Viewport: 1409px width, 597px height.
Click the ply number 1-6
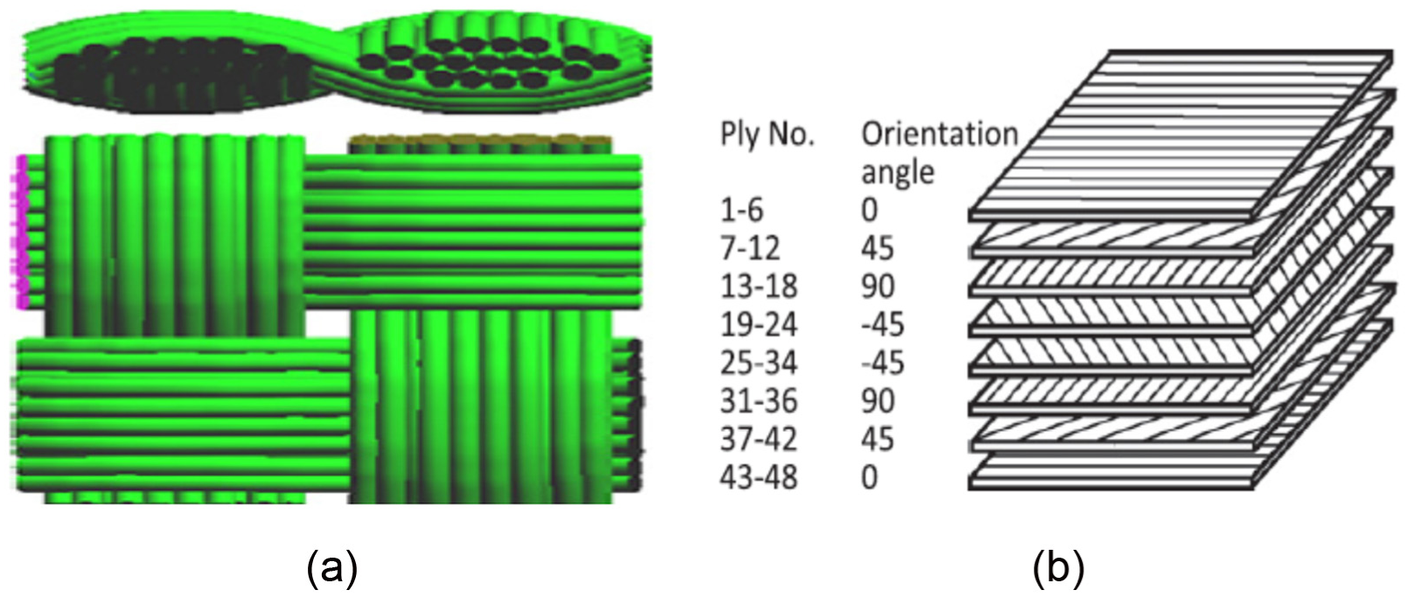(743, 210)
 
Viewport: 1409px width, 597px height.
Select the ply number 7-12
(750, 248)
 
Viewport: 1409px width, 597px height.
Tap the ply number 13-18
(758, 287)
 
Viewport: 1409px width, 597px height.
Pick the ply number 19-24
(758, 325)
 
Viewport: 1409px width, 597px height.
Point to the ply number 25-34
(758, 364)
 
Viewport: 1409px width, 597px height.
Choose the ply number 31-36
(758, 401)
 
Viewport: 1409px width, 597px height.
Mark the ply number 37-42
(758, 440)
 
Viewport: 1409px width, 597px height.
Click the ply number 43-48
(758, 477)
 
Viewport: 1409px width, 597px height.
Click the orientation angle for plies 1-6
(869, 210)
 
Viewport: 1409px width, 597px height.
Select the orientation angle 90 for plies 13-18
(877, 287)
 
